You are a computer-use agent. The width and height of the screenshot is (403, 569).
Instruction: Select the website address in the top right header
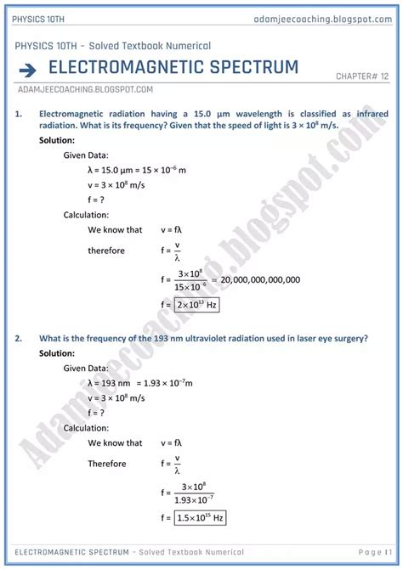(326, 19)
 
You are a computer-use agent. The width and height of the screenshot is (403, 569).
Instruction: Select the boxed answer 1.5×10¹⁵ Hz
(202, 516)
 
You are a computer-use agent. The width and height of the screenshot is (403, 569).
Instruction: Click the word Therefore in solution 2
(107, 464)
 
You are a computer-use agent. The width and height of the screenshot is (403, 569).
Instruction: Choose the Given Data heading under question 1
(85, 155)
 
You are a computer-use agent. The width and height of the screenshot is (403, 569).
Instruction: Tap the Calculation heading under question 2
(86, 428)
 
